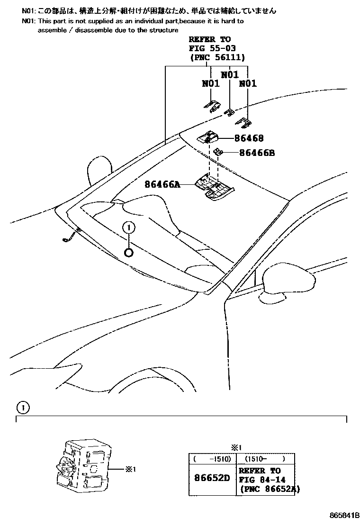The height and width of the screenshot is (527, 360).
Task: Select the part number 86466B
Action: coord(257,153)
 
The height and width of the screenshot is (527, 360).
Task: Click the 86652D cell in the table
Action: coord(212,478)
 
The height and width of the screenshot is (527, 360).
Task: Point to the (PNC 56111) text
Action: coord(217,57)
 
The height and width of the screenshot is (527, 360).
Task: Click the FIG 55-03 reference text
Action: coord(212,48)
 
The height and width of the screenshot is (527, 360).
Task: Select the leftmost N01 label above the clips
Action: coord(211,83)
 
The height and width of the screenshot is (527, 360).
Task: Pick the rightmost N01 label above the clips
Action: coord(248,83)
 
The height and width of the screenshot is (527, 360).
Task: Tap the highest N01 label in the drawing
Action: coord(230,74)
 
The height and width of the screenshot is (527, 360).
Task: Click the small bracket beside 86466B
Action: coord(219,152)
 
